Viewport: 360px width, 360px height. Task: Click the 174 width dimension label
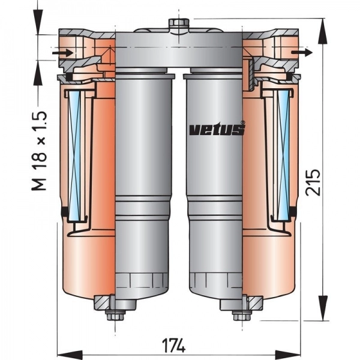(173, 345)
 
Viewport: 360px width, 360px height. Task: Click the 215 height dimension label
(313, 182)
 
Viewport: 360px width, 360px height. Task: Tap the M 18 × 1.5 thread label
(39, 151)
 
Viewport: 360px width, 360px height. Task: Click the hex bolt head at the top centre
(179, 23)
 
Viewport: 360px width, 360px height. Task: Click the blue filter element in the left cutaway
(75, 155)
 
